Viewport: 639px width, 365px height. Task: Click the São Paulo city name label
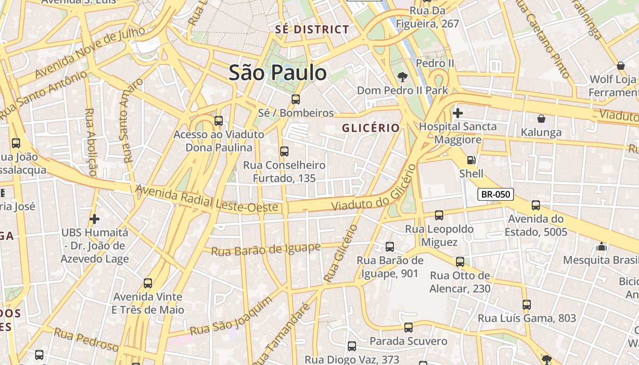pyautogui.click(x=278, y=73)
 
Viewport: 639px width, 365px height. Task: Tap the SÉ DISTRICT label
pyautogui.click(x=312, y=30)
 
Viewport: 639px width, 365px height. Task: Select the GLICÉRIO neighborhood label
pyautogui.click(x=371, y=128)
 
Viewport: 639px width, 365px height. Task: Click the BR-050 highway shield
pyautogui.click(x=496, y=194)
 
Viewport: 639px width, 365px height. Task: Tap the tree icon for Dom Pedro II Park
pyautogui.click(x=402, y=77)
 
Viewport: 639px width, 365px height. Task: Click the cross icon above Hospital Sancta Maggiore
pyautogui.click(x=457, y=113)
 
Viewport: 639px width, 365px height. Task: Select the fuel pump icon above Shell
pyautogui.click(x=471, y=160)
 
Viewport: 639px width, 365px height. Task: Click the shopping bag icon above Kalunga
pyautogui.click(x=541, y=119)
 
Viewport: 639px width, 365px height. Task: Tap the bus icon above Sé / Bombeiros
pyautogui.click(x=296, y=99)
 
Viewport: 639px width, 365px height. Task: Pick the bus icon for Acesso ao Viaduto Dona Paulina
pyautogui.click(x=219, y=121)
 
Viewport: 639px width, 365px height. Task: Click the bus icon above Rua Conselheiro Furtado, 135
pyautogui.click(x=284, y=151)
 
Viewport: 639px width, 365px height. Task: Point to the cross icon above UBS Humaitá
pyautogui.click(x=94, y=219)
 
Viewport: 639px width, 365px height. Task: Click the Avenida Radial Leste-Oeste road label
pyautogui.click(x=207, y=198)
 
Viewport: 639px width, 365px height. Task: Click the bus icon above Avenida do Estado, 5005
pyautogui.click(x=536, y=205)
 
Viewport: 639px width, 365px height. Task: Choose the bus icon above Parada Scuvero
pyautogui.click(x=408, y=328)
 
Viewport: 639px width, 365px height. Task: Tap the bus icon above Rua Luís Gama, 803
pyautogui.click(x=527, y=305)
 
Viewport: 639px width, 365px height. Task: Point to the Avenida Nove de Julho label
pyautogui.click(x=90, y=52)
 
